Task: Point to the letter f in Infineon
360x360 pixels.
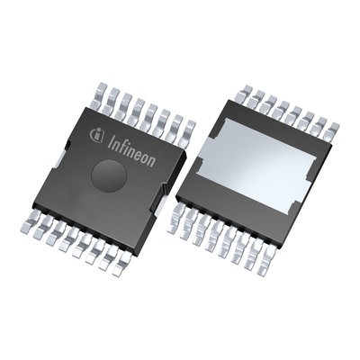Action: pyautogui.click(x=118, y=139)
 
